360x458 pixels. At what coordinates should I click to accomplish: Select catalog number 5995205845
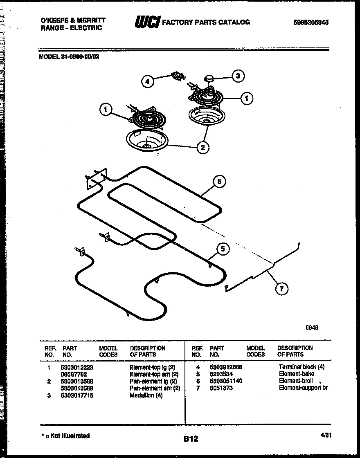(310, 23)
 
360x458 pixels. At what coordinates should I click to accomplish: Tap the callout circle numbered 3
(238, 76)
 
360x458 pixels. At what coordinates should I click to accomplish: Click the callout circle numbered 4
(148, 81)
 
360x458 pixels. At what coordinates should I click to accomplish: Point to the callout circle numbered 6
(219, 182)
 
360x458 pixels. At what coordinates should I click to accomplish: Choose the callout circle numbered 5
(223, 249)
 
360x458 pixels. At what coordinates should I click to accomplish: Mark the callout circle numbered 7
(281, 289)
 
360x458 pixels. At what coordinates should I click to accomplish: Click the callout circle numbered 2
(202, 147)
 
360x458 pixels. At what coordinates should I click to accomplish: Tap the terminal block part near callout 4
(177, 76)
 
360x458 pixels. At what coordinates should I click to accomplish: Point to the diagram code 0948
(311, 328)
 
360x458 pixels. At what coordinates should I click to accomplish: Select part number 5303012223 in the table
(78, 367)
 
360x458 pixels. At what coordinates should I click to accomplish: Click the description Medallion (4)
(146, 395)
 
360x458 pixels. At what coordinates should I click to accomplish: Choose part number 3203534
(221, 374)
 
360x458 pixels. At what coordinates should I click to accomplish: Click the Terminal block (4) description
(301, 367)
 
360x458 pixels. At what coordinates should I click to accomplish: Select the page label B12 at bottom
(191, 439)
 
